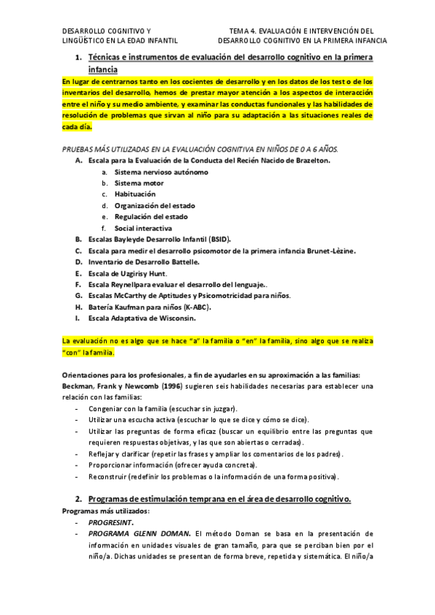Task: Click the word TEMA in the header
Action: pos(239,30)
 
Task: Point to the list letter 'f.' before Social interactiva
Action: pos(104,228)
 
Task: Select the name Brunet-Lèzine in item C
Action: pos(330,250)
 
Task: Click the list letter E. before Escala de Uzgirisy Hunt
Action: pos(78,273)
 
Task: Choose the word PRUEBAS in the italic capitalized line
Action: pos(78,149)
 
